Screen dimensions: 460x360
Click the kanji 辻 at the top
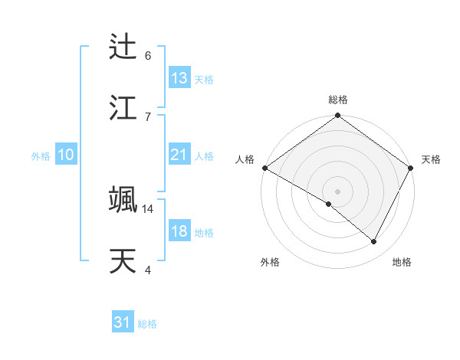click(x=123, y=47)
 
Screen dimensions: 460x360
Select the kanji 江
click(x=123, y=108)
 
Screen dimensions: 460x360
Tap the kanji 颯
click(x=123, y=200)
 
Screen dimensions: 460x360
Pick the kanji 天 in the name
click(x=123, y=261)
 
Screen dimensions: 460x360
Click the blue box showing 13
click(x=179, y=78)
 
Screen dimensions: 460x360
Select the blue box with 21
click(x=179, y=155)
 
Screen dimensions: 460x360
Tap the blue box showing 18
click(x=179, y=231)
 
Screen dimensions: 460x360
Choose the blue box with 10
click(x=66, y=155)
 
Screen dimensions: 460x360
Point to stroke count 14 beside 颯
click(x=148, y=208)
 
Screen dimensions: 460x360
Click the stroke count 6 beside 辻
click(x=148, y=55)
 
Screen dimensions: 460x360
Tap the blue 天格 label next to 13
click(x=204, y=80)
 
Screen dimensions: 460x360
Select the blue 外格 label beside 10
click(x=41, y=156)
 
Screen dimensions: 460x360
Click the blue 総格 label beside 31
click(x=147, y=325)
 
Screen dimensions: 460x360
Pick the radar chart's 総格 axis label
click(x=337, y=100)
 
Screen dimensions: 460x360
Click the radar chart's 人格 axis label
click(x=245, y=159)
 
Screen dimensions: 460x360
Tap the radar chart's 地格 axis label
click(x=402, y=262)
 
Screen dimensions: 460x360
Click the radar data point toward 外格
click(x=329, y=204)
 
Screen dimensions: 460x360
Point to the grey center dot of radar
click(x=337, y=191)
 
